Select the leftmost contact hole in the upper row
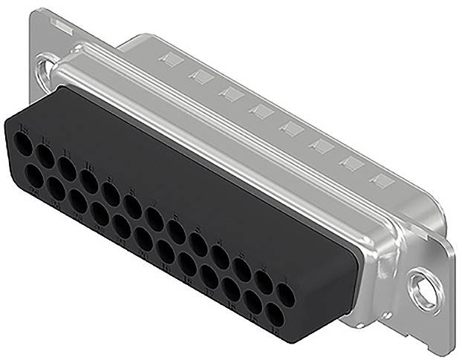pyautogui.click(x=23, y=144)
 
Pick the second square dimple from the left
pyautogui.click(x=199, y=76)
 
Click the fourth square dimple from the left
pyautogui.click(x=261, y=111)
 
